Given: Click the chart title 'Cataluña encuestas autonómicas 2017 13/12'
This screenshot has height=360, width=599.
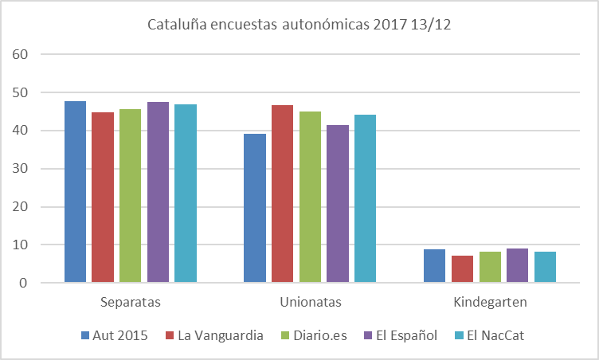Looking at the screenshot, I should (299, 25).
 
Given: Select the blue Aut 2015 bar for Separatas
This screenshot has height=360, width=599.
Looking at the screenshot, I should (76, 191).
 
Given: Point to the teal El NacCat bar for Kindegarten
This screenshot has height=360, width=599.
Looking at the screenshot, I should (545, 267).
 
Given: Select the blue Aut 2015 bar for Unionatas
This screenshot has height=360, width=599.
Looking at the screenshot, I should (255, 208).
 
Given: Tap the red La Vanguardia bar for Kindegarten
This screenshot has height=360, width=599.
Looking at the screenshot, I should (462, 269).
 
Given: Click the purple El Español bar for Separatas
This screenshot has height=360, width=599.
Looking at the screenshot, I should (158, 192).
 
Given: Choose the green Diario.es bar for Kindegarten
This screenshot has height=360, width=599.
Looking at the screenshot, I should (490, 267).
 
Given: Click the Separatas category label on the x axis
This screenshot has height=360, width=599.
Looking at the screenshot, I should (131, 303).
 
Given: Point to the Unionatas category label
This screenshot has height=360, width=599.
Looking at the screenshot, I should (311, 303).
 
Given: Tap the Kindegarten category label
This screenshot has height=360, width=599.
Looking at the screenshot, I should (490, 303).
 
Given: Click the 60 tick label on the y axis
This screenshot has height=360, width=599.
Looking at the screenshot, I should (22, 54).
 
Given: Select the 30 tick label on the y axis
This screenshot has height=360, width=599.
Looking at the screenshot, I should (22, 169).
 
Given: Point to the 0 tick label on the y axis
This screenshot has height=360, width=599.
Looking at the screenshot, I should (25, 283).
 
